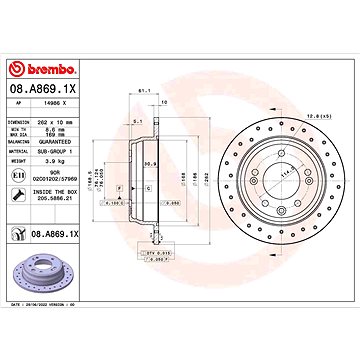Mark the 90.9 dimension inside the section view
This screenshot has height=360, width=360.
(150, 163)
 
